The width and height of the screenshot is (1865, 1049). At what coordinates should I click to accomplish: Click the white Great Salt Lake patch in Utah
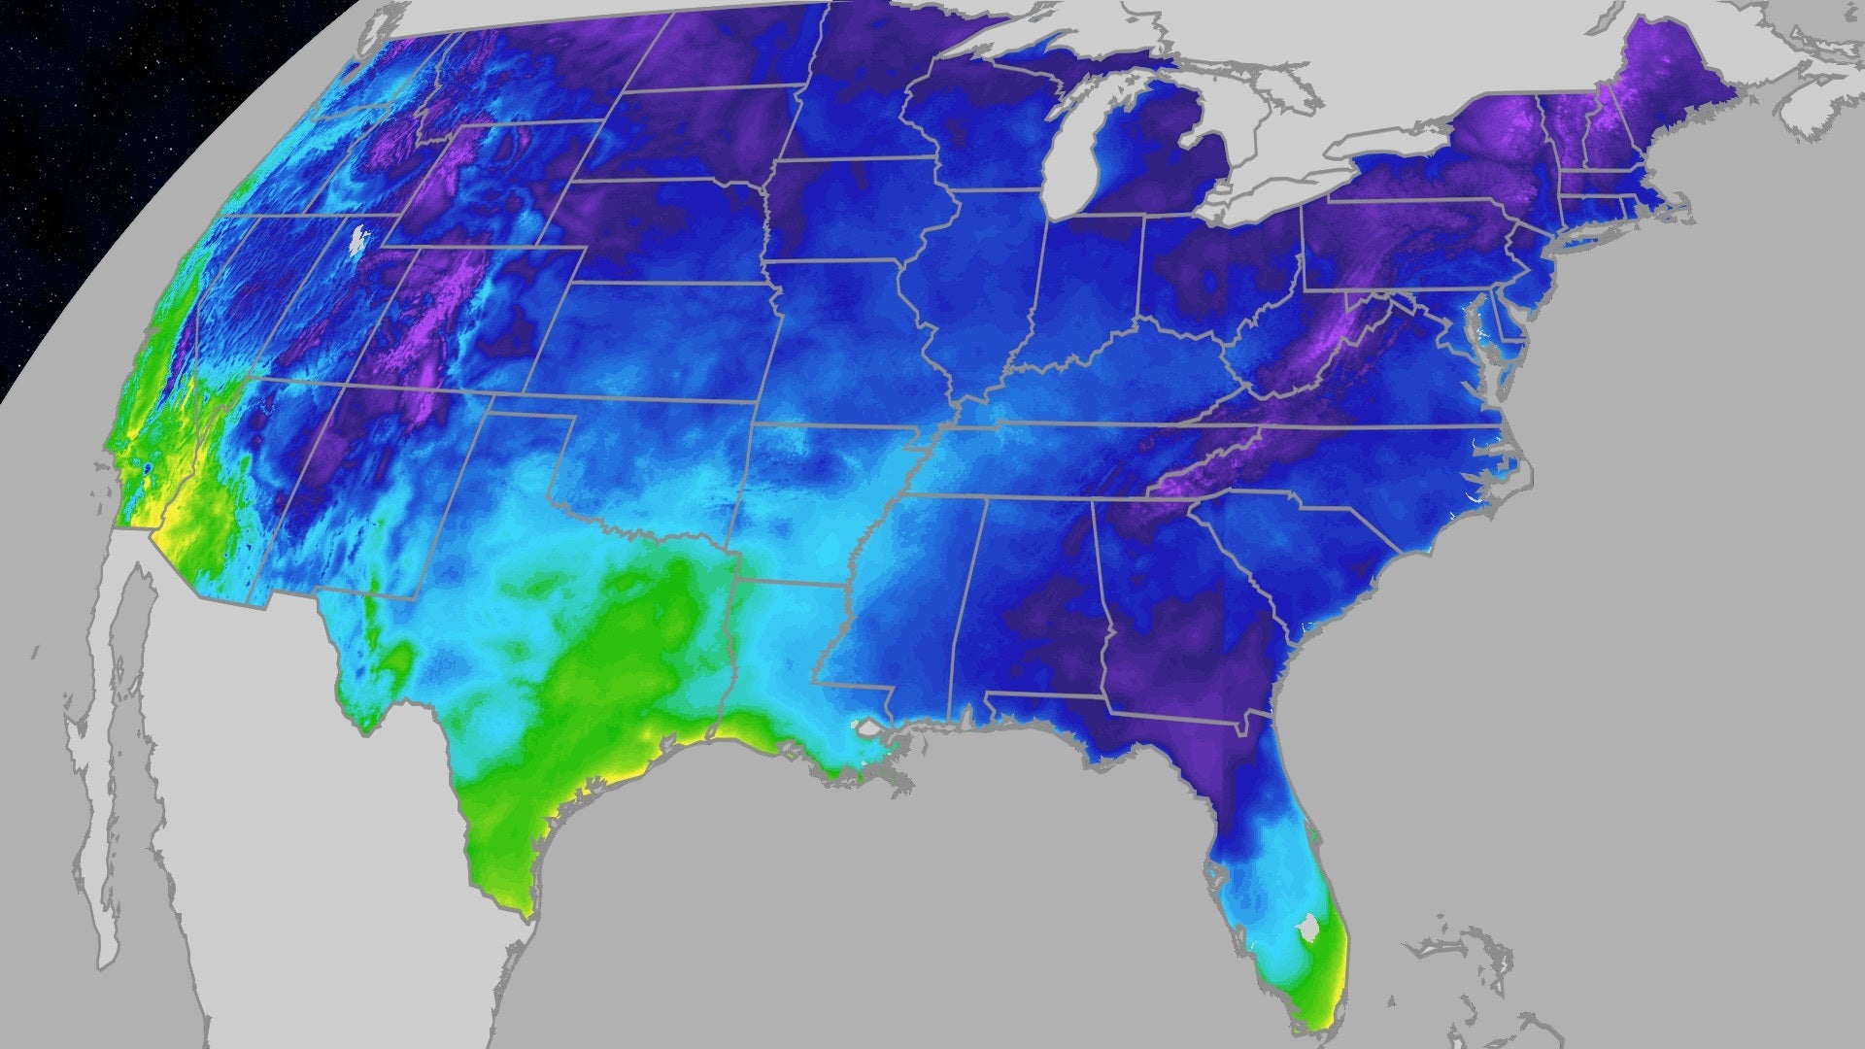358,239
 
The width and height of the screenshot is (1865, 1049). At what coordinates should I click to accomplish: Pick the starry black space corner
78,117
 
